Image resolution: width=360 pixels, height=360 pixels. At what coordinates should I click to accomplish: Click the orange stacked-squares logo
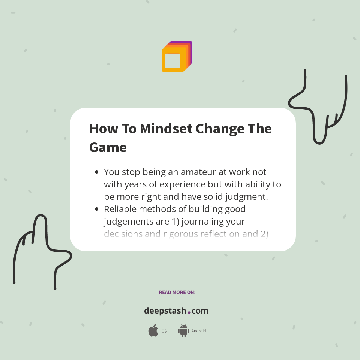click(x=176, y=57)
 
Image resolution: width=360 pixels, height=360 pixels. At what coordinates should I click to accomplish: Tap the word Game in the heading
click(x=108, y=147)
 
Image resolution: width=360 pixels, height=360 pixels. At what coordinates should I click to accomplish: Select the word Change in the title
click(x=220, y=129)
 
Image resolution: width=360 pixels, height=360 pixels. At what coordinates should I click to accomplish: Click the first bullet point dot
click(x=97, y=172)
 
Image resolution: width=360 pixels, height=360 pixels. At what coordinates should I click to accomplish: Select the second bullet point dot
click(x=97, y=209)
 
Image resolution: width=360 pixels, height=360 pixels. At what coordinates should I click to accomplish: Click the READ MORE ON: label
click(x=177, y=292)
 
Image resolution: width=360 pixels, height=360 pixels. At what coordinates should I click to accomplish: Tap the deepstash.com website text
click(x=176, y=311)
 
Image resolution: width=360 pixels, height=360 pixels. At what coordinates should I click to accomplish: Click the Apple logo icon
click(x=153, y=331)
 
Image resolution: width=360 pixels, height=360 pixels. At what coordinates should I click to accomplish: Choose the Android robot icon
click(x=183, y=331)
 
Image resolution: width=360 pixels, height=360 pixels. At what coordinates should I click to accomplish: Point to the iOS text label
click(x=163, y=331)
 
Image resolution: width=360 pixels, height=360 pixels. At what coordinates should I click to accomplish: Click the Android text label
click(x=199, y=331)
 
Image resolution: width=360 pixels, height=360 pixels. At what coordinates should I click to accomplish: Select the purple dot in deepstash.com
click(x=189, y=312)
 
